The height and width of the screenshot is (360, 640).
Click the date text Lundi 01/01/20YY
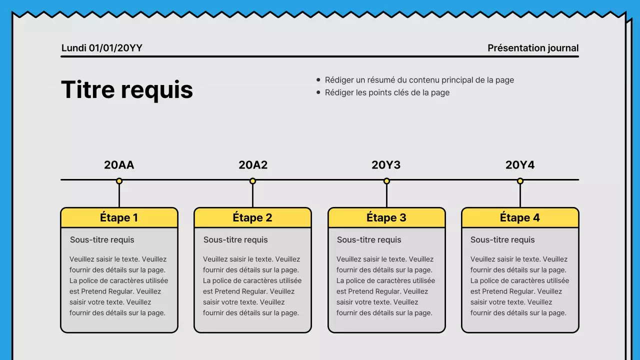pos(101,48)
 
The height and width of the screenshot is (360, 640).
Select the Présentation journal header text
pos(533,48)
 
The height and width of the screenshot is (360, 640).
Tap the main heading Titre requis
pos(127,90)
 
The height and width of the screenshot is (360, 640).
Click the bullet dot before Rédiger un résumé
pos(318,80)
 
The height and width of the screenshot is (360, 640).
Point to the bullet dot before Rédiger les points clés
pos(318,92)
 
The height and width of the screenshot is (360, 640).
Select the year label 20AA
pos(119,165)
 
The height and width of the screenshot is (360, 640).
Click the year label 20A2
pos(253,165)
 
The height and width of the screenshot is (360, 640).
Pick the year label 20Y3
pos(386,165)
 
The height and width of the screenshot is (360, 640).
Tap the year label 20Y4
pos(520,165)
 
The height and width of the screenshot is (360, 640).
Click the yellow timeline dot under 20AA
pos(119,181)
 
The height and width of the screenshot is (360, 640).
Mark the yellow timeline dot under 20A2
pos(253,181)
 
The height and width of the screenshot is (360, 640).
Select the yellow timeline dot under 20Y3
pos(386,181)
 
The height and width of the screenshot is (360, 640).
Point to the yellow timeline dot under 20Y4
pos(520,181)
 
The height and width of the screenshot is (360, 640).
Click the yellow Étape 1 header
pos(119,218)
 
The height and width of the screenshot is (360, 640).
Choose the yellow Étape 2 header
pos(252,218)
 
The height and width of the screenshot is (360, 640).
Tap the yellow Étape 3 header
pos(386,218)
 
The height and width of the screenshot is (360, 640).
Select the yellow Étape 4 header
pos(520,218)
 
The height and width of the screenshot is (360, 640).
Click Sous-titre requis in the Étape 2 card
pos(235,240)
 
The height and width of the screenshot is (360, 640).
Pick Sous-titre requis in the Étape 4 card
pos(502,240)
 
